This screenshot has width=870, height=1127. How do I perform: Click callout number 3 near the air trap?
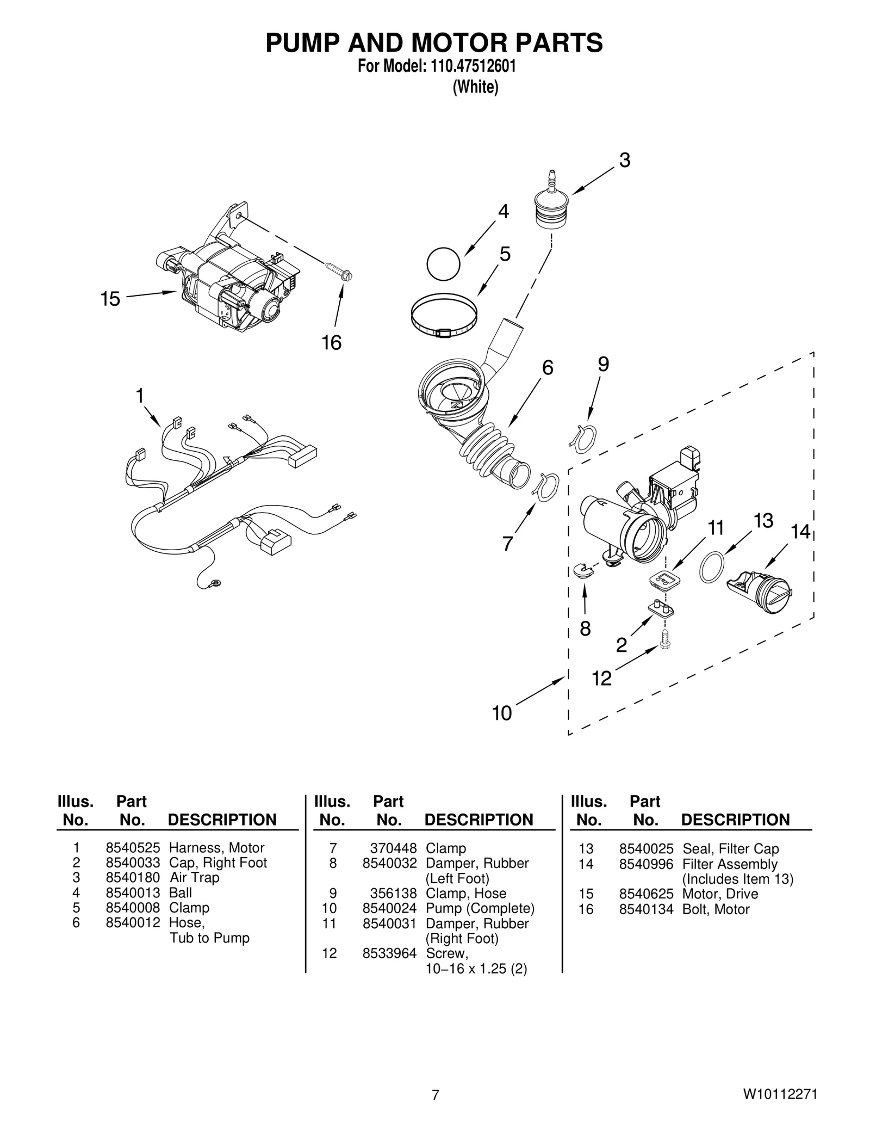[x=625, y=161]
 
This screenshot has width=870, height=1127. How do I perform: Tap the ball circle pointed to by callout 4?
[x=443, y=265]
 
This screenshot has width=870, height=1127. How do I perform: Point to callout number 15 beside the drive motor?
[x=110, y=299]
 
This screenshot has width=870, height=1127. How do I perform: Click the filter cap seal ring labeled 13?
[x=712, y=568]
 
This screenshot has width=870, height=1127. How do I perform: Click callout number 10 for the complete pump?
[x=502, y=713]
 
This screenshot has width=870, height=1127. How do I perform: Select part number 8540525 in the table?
[x=133, y=848]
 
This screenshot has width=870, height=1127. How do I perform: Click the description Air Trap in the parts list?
[x=194, y=878]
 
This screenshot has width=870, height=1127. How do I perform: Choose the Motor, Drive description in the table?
[x=720, y=894]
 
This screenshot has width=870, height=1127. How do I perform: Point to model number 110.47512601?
[x=473, y=66]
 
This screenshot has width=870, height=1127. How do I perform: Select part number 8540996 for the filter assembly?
[x=646, y=864]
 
